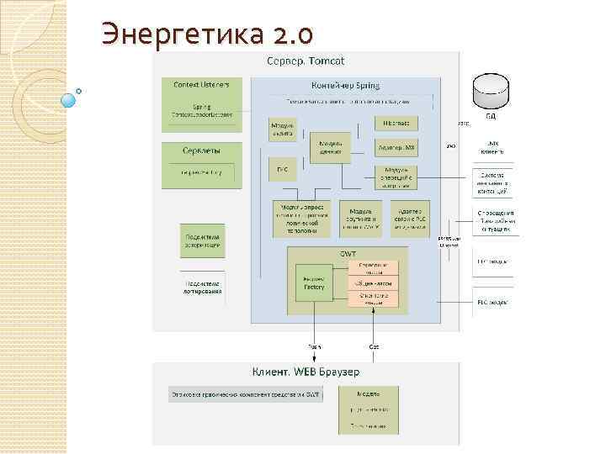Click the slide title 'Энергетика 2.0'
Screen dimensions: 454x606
point(207,33)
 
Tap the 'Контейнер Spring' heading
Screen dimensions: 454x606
point(345,85)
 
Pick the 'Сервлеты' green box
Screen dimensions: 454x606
point(201,164)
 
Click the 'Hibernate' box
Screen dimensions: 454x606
point(396,123)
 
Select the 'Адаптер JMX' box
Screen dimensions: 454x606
point(396,147)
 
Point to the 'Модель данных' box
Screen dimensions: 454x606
point(330,148)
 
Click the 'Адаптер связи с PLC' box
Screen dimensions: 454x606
point(409,218)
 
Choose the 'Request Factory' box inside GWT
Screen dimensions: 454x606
point(314,283)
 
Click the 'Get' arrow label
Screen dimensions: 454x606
point(374,346)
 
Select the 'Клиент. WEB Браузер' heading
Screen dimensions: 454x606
point(306,371)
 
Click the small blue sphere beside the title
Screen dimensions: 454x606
point(69,100)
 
